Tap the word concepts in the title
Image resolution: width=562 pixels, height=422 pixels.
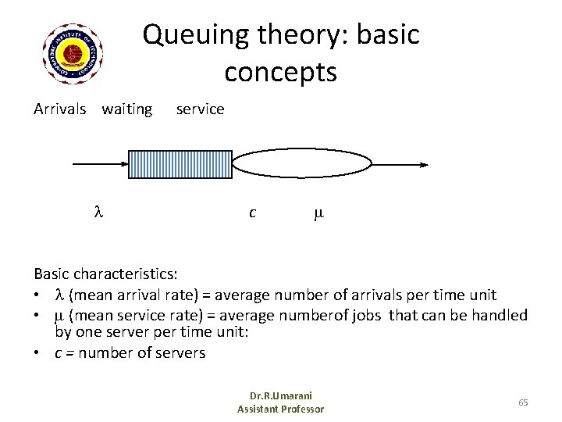[x=280, y=72]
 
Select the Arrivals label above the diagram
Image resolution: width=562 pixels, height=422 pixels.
[x=60, y=109]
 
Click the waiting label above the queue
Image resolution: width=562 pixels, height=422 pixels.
[x=127, y=109]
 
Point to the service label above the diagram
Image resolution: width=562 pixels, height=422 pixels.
[x=200, y=109]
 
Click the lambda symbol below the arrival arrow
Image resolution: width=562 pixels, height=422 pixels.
[x=98, y=213]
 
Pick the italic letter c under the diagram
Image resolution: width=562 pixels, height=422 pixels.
[x=251, y=213]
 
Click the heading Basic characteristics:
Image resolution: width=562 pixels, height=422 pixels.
[x=105, y=275]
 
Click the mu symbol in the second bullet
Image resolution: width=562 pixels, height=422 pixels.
[x=59, y=315]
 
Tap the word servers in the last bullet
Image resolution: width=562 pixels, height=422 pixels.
[x=180, y=352]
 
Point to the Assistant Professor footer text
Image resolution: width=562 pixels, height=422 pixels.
[x=280, y=409]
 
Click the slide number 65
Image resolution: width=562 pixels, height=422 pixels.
[x=522, y=402]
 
